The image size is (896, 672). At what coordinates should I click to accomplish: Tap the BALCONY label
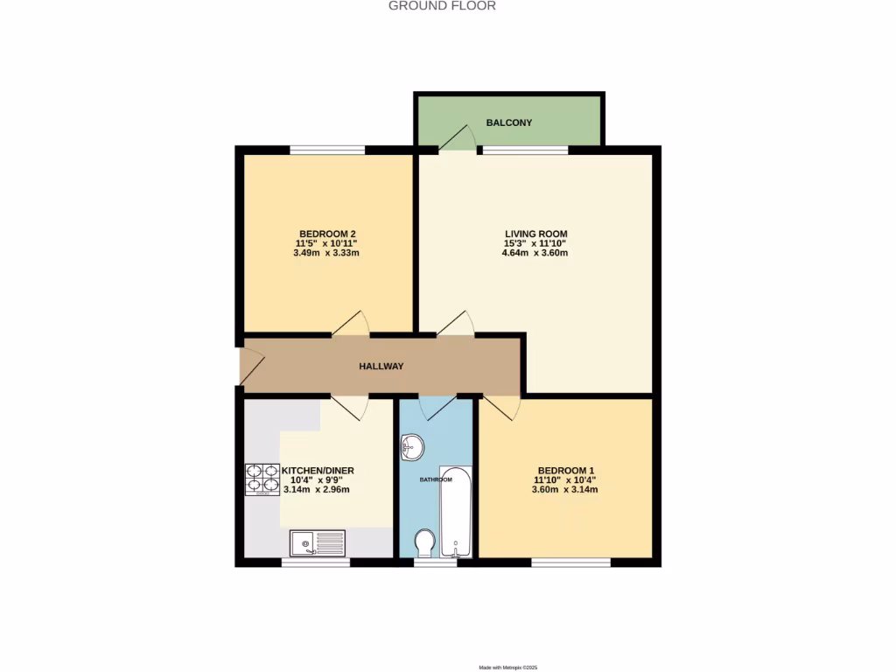click(x=509, y=122)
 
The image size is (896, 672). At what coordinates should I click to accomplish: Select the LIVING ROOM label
click(x=535, y=234)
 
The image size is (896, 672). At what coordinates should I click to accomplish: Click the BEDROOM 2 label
click(x=327, y=234)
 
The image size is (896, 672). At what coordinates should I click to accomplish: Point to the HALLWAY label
click(x=381, y=367)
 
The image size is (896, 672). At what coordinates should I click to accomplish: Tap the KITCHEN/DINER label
click(x=318, y=471)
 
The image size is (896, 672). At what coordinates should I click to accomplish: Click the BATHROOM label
click(x=435, y=479)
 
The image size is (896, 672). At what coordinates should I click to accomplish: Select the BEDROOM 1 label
click(x=565, y=470)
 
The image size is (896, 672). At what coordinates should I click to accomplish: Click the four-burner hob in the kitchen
click(x=262, y=479)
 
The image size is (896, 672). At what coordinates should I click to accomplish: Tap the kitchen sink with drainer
click(x=317, y=543)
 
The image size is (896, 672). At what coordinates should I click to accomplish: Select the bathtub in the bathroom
click(x=455, y=516)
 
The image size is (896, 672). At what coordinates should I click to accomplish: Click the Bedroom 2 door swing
click(x=350, y=323)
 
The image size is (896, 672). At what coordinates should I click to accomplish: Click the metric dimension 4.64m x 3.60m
click(x=535, y=254)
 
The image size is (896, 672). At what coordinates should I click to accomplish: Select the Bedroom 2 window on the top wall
click(x=327, y=150)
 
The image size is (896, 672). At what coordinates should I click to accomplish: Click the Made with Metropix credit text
click(x=508, y=668)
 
